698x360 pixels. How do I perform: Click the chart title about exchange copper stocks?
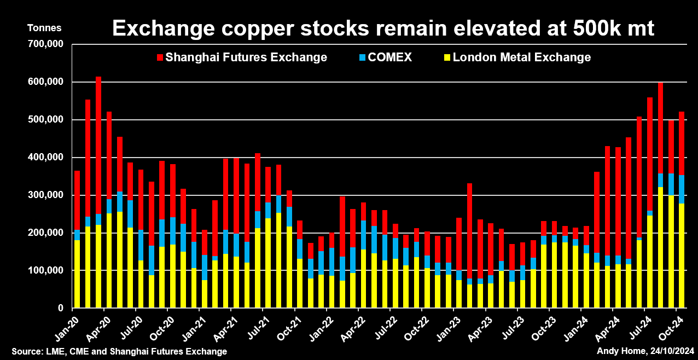point(383,28)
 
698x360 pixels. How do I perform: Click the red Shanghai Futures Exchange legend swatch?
point(160,57)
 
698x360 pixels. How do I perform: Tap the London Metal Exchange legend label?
point(521,57)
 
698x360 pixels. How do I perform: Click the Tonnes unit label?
point(45,28)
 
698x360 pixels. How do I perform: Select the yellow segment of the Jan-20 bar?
point(77,274)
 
